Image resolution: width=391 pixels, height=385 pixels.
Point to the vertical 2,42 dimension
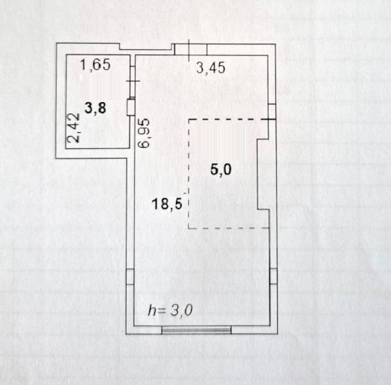tap(74, 127)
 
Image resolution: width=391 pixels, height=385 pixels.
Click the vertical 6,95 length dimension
tap(145, 133)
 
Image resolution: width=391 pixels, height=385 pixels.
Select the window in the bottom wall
tap(196, 330)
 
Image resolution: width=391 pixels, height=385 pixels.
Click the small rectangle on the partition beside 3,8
tap(130, 107)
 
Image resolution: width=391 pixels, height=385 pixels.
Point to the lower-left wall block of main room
tap(130, 277)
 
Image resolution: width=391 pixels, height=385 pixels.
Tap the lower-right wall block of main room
tap(273, 277)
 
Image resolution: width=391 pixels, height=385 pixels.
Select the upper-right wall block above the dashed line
tap(272, 112)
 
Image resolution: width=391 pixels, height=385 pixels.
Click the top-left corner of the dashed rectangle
tap(188, 120)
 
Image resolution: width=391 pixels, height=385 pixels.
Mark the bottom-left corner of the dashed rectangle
tap(188, 228)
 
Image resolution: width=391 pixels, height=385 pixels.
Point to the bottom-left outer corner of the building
tap(124, 334)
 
